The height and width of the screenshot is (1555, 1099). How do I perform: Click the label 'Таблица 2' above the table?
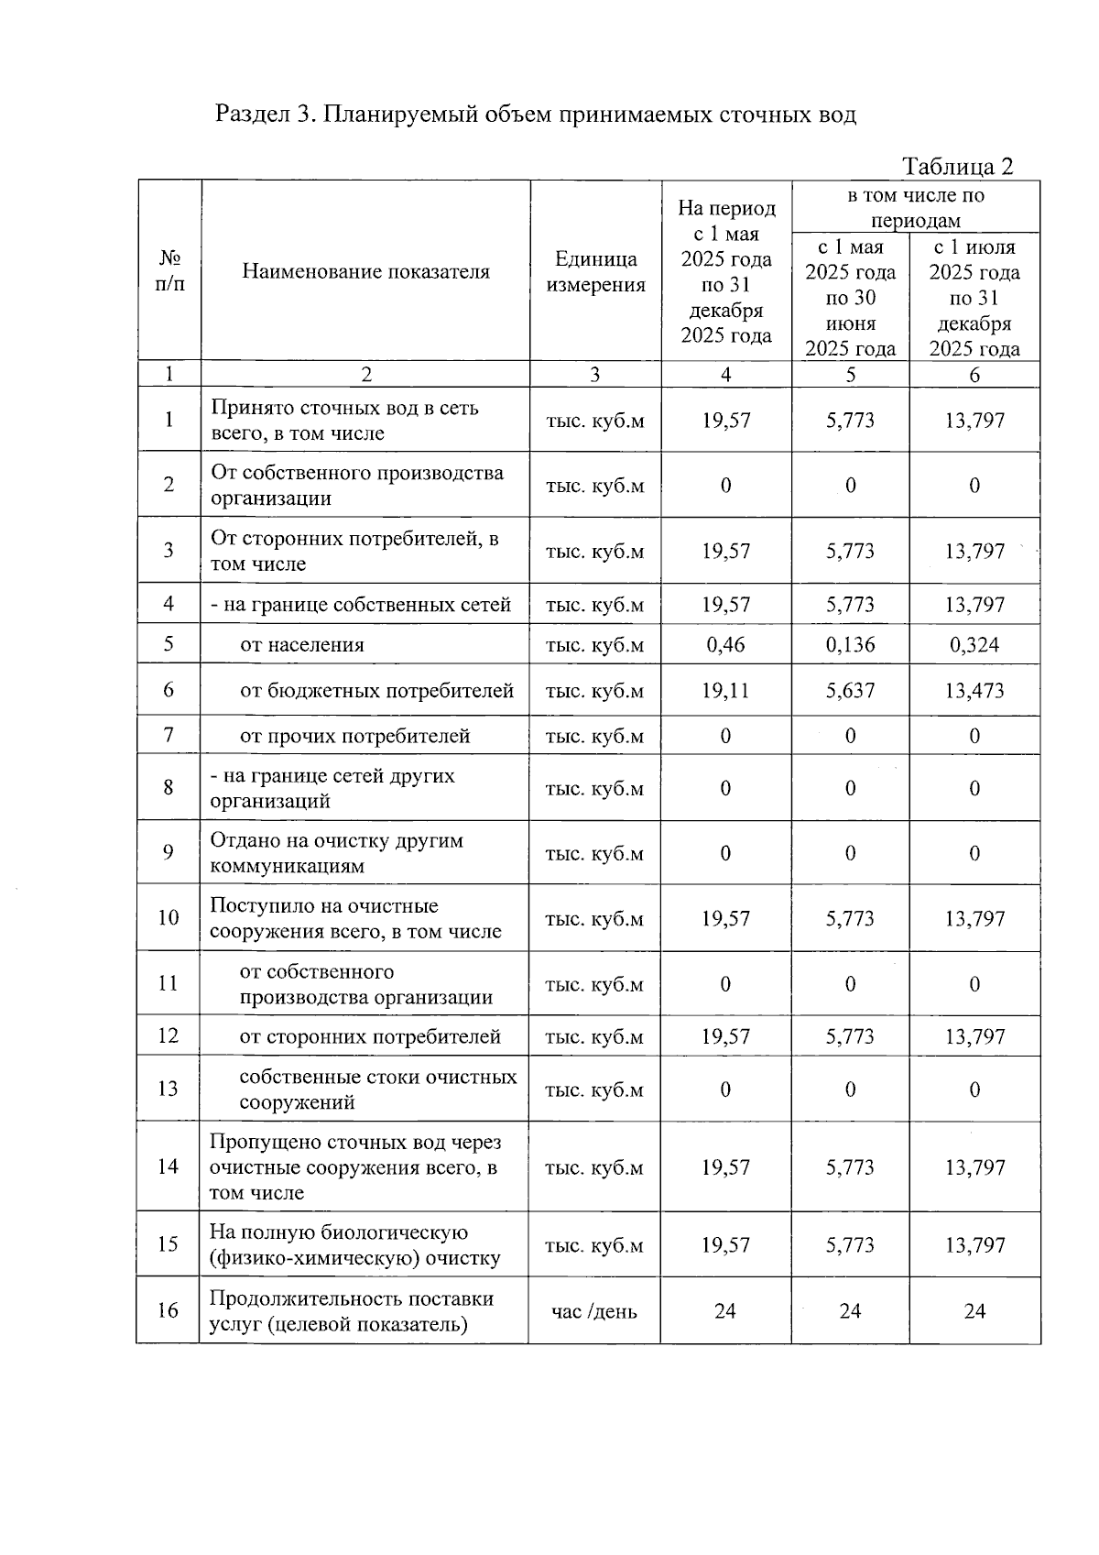pos(957,166)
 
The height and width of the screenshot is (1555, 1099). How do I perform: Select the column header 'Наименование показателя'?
pos(365,271)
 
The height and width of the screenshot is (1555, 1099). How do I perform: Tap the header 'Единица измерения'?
pos(595,271)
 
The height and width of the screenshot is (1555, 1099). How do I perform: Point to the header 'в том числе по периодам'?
pos(915,207)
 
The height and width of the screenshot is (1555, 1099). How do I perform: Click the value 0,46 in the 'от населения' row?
pos(725,644)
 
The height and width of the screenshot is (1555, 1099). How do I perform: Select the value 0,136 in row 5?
pos(850,644)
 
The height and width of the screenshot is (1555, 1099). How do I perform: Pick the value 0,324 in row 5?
pos(974,644)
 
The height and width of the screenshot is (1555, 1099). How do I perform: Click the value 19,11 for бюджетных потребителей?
pos(725,690)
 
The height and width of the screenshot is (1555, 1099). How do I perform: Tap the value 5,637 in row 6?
pos(850,690)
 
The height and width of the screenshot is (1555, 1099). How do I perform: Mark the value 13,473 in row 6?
pos(974,690)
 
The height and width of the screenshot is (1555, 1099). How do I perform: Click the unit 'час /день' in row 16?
pos(594,1311)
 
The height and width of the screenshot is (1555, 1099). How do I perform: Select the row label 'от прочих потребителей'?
pos(355,736)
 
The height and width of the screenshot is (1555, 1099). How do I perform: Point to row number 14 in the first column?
pos(169,1166)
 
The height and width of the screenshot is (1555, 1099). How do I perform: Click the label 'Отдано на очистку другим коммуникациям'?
pos(337,853)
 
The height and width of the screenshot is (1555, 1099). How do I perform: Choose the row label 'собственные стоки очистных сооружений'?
pos(377,1089)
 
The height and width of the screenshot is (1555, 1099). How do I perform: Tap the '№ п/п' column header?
pos(169,271)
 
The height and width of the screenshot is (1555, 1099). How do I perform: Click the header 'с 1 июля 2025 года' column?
pos(974,298)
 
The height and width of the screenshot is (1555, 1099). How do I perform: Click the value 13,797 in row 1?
pos(974,421)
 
